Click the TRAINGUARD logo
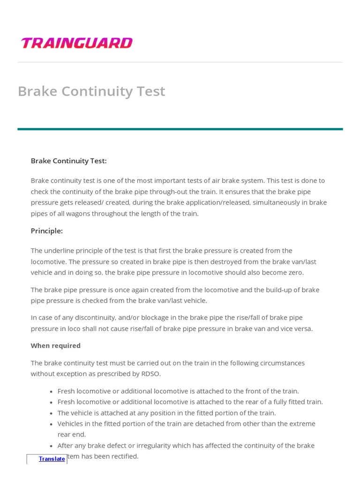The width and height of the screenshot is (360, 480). [76, 43]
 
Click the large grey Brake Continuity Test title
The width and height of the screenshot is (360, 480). [91, 91]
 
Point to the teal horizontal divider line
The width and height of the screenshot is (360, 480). [180, 129]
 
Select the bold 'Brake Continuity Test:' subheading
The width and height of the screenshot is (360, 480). [68, 161]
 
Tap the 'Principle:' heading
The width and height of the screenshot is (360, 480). [46, 231]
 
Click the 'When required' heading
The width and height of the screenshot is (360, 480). [55, 345]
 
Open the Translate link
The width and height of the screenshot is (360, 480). [52, 459]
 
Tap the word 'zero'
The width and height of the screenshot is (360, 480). [294, 272]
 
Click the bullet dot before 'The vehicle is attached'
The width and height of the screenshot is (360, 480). [51, 413]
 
